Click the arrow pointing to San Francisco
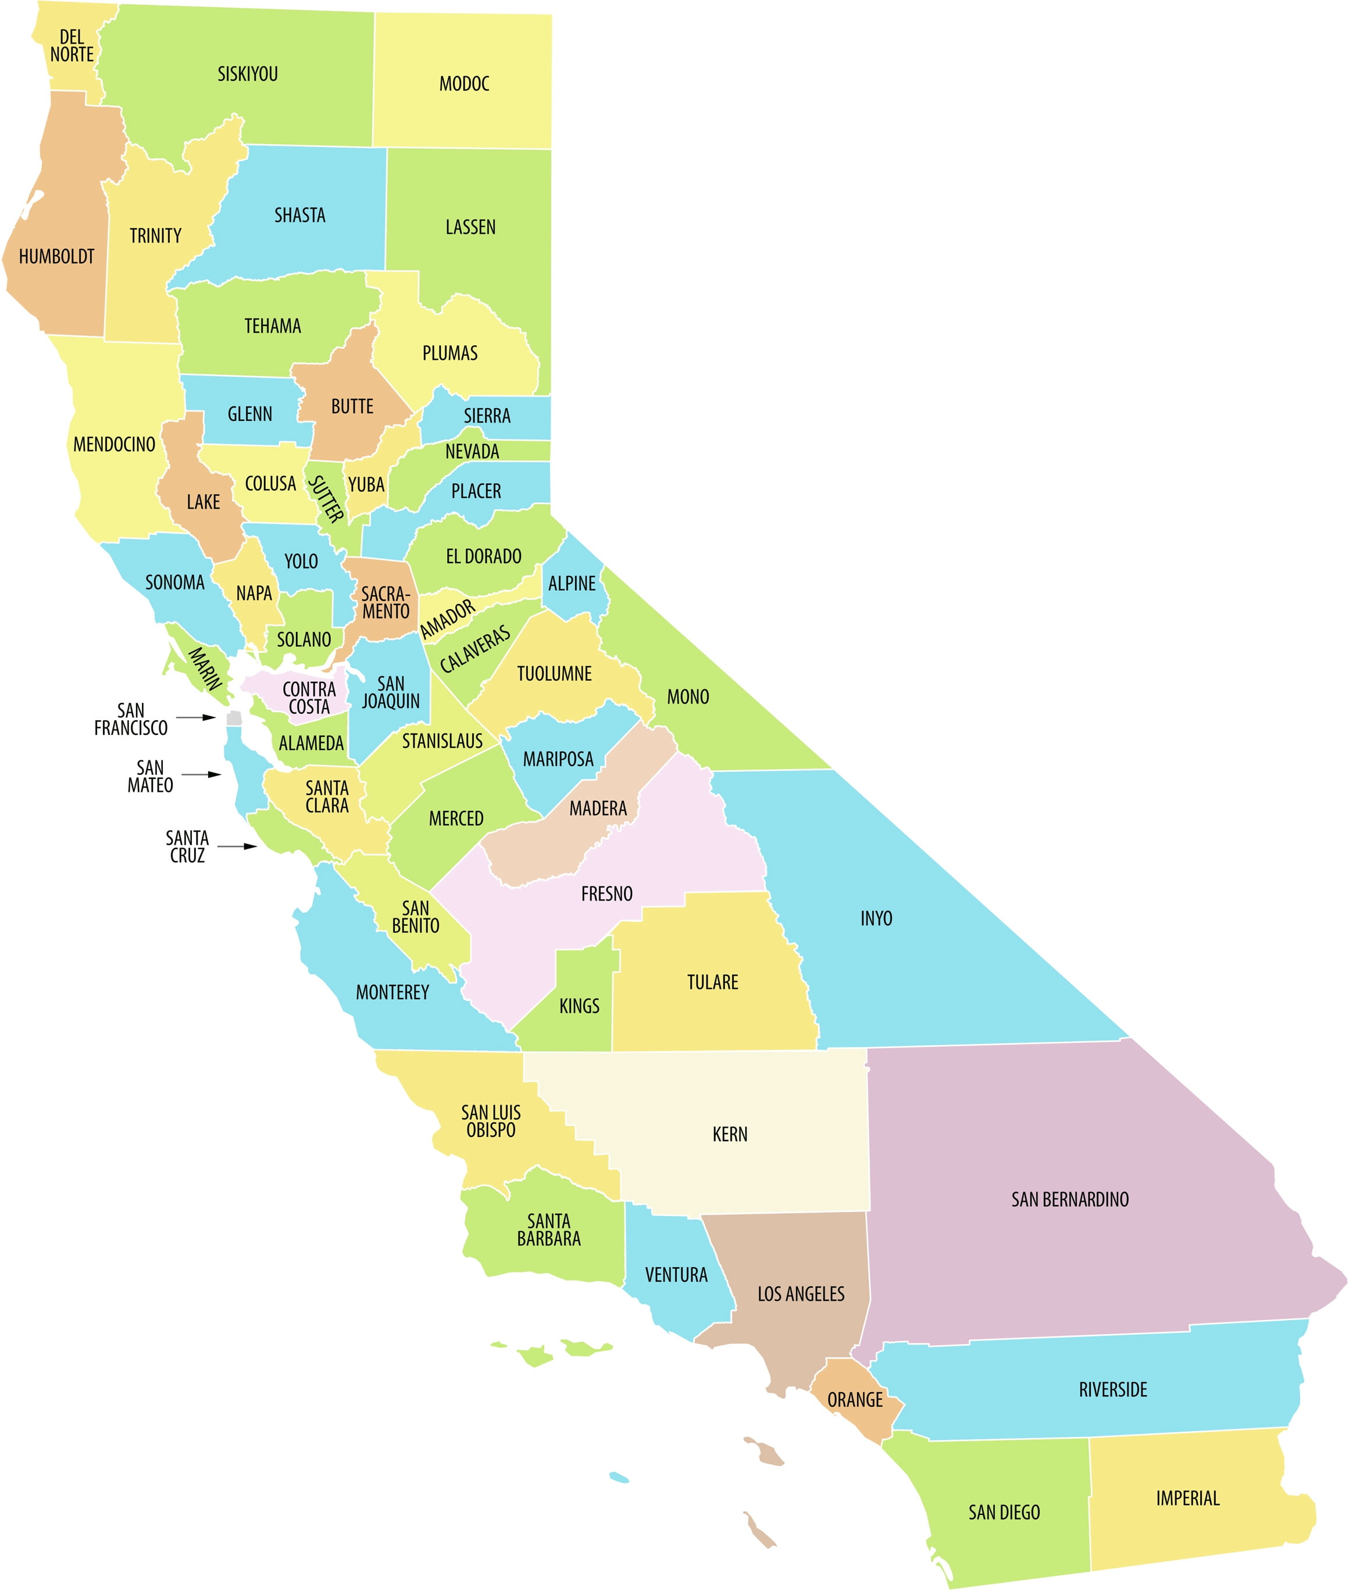[197, 717]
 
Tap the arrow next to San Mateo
[202, 774]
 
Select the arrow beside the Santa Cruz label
[237, 846]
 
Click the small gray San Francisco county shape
[234, 718]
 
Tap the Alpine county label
[571, 584]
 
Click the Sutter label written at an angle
[326, 499]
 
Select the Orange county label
[855, 1400]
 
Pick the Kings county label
[579, 1006]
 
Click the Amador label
[447, 619]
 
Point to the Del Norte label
[72, 46]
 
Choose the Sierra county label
[487, 416]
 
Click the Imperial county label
[1187, 1499]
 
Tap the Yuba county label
[366, 485]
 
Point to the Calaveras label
[475, 650]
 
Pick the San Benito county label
[415, 917]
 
